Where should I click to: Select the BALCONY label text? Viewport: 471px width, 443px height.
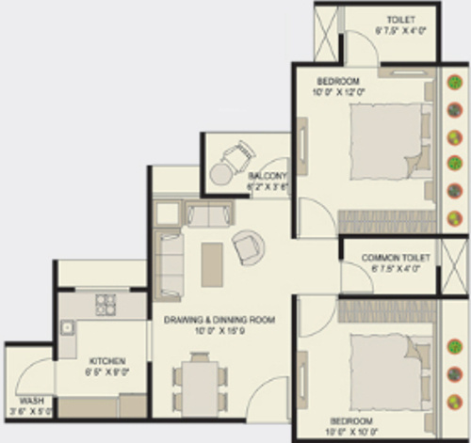[267, 176]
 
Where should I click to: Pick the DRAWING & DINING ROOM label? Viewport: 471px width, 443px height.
[219, 321]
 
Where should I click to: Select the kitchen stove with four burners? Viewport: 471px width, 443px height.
[105, 305]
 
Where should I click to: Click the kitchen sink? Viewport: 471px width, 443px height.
[68, 328]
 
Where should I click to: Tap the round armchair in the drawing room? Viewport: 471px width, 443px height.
[249, 246]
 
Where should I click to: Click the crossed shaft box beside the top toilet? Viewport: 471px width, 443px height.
[327, 34]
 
